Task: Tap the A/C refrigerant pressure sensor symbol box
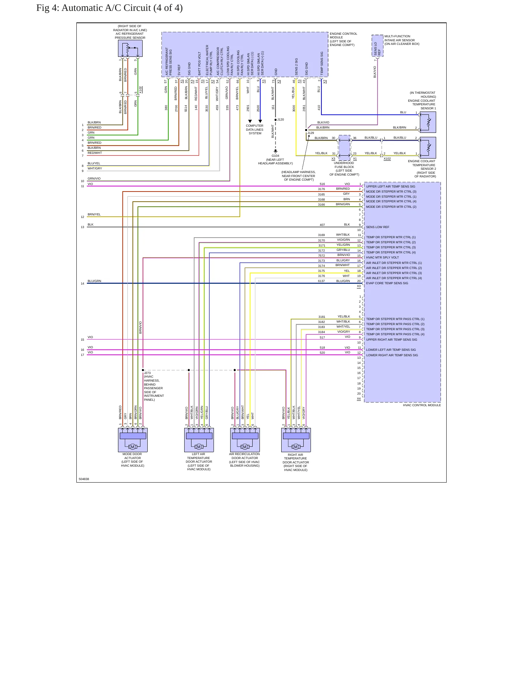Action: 130,48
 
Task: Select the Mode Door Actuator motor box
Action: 132,440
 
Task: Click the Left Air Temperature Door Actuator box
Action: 199,440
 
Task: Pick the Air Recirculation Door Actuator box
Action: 245,440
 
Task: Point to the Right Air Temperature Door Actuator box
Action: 296,440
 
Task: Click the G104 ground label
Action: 275,156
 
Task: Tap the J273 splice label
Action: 147,373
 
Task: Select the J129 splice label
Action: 311,133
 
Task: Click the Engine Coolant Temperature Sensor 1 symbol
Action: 428,122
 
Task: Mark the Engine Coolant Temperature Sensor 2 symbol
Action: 428,148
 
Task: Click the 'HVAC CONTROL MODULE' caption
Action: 422,405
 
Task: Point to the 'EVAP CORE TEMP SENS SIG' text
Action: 387,283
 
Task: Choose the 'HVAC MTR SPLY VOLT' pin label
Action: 382,257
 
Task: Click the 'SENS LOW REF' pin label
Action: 378,227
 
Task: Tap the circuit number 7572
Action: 321,256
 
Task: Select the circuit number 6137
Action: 321,281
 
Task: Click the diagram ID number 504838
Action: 84,479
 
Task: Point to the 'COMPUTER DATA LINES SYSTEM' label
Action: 255,130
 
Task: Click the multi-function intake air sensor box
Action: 378,46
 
